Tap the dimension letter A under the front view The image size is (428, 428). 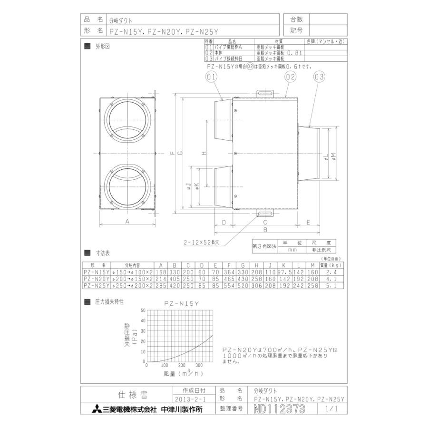pyautogui.click(x=127, y=222)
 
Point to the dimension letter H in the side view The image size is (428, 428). pyautogui.click(x=203, y=153)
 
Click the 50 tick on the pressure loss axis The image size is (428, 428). pyautogui.click(x=143, y=310)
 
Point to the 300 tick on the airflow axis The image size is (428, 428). pyautogui.click(x=199, y=366)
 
